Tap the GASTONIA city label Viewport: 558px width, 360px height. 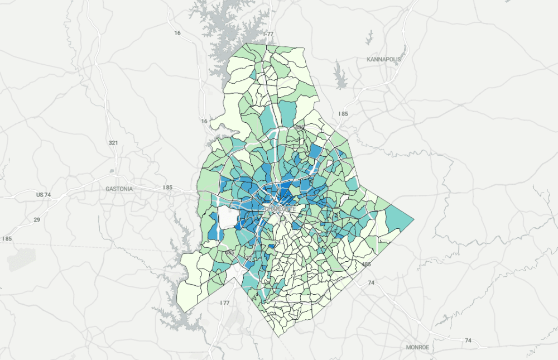click(119, 189)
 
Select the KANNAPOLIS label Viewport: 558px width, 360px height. click(384, 59)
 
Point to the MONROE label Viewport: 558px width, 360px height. click(418, 347)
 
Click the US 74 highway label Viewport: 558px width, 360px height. click(43, 194)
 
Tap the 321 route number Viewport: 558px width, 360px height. click(113, 143)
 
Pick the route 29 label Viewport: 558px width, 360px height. click(37, 220)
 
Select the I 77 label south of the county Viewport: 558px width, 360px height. click(225, 303)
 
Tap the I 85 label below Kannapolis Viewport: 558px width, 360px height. click(343, 114)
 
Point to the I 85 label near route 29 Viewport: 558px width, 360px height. click(7, 239)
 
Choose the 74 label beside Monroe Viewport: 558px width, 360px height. click(468, 340)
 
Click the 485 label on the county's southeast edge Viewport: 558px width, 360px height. click(366, 264)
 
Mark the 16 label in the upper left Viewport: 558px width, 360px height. click(177, 33)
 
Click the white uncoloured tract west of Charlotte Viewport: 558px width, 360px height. click(228, 217)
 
